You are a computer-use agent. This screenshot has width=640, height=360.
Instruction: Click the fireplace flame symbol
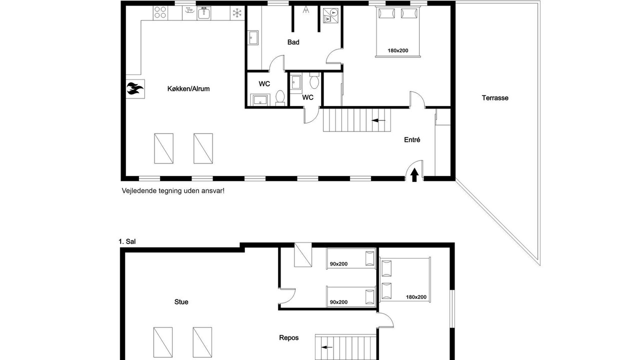(x=135, y=88)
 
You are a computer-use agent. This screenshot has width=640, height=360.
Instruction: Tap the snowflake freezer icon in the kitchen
(x=237, y=13)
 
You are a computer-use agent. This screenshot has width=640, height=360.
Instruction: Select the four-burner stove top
(x=160, y=12)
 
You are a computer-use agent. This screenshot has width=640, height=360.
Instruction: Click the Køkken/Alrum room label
(x=188, y=89)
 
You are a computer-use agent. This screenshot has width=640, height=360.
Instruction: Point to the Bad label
(x=293, y=42)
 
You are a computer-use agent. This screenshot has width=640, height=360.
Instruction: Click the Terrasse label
(x=495, y=98)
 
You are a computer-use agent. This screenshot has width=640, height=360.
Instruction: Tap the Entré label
(x=412, y=139)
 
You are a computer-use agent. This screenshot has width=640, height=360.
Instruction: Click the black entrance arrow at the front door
(x=414, y=175)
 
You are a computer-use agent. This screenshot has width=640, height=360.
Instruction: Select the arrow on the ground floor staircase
(x=378, y=120)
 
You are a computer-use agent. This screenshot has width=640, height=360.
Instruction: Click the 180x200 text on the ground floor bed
(x=397, y=50)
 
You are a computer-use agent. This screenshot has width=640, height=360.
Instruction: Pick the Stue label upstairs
(x=181, y=302)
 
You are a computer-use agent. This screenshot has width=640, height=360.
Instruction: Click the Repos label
(x=289, y=337)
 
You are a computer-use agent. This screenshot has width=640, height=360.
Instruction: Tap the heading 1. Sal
(x=127, y=241)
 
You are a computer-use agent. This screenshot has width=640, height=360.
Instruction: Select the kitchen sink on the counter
(x=203, y=13)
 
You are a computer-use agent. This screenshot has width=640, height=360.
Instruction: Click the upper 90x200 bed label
(x=338, y=264)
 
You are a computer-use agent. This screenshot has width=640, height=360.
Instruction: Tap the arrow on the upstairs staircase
(x=327, y=347)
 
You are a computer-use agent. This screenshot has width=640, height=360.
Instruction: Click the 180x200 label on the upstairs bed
(x=416, y=297)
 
